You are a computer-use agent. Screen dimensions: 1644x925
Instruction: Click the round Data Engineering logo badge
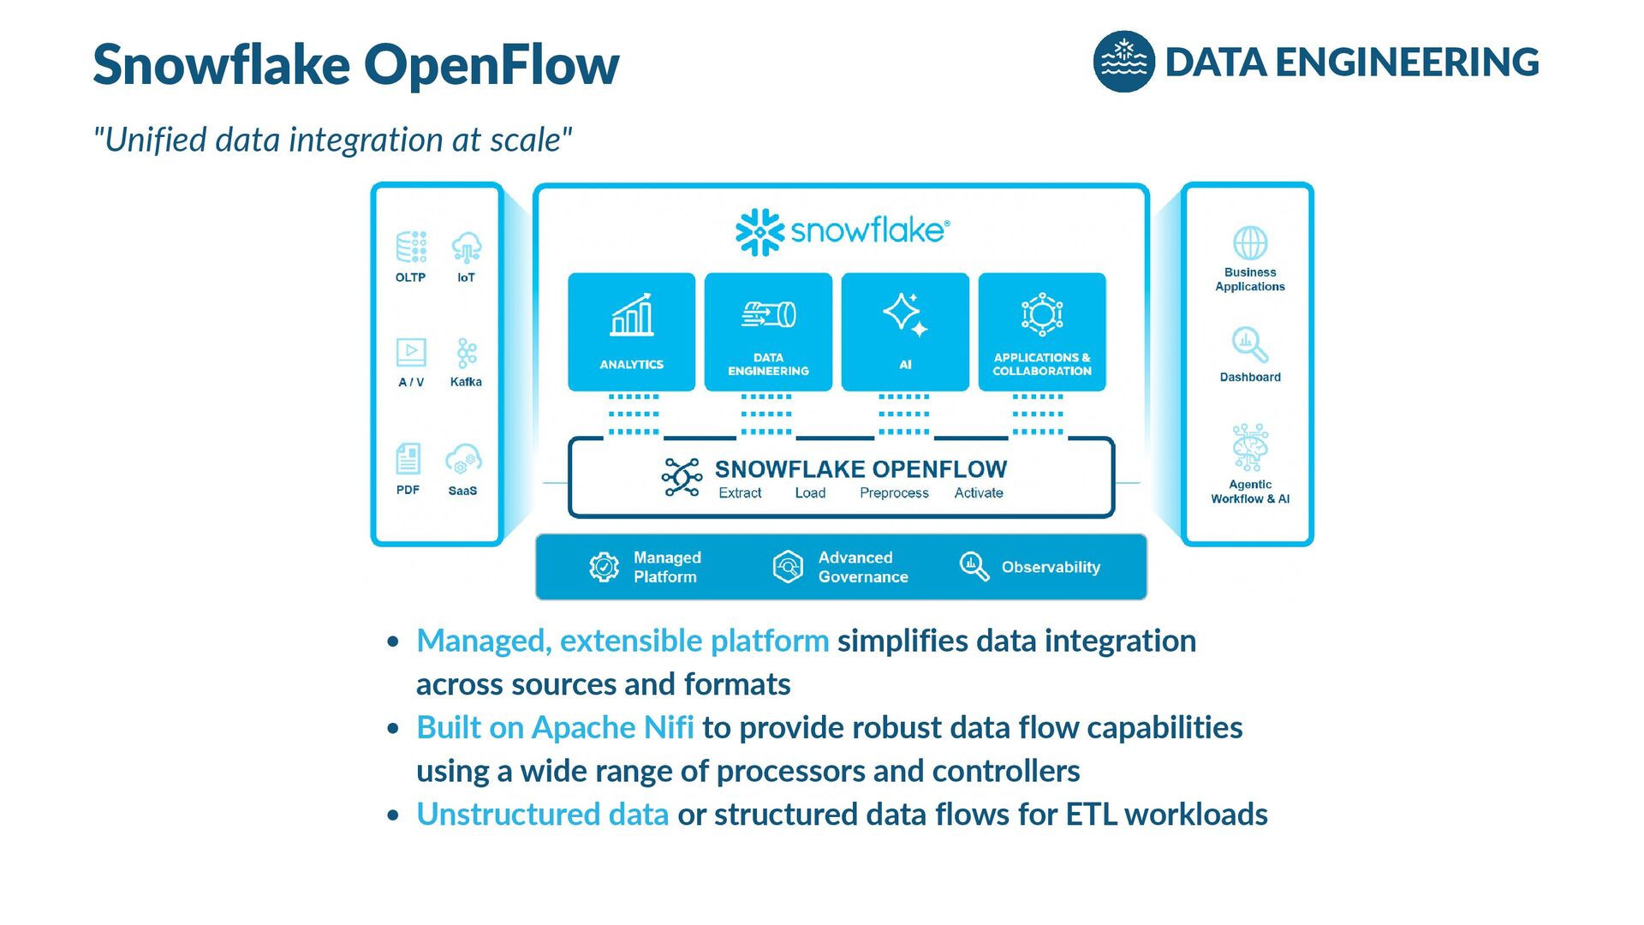coord(1123,62)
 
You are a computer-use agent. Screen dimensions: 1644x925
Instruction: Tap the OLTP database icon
coord(411,247)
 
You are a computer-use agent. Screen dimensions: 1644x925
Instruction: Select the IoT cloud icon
coord(467,247)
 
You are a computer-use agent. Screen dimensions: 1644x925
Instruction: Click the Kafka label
coord(466,382)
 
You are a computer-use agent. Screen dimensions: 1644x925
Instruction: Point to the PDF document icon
coord(408,459)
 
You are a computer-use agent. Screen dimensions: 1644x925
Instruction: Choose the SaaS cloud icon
coord(463,459)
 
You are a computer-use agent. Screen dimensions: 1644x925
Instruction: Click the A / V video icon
coord(411,352)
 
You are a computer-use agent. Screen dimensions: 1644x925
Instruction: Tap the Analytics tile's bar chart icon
coord(632,314)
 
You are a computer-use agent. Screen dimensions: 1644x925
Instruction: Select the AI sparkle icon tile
coord(905,332)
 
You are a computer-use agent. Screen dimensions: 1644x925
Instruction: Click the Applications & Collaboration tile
coord(1042,332)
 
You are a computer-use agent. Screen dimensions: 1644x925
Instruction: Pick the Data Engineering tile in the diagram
coord(768,332)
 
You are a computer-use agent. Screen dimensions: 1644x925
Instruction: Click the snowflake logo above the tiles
coord(843,231)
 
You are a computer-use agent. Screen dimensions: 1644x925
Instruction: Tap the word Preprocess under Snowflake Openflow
coord(894,493)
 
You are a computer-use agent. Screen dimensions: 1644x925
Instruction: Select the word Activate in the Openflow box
coord(979,493)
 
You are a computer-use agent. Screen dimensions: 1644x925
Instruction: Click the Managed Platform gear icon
coord(605,567)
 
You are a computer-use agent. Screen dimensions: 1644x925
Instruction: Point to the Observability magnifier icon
coord(974,566)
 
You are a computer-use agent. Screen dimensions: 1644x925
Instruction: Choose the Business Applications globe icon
coord(1250,243)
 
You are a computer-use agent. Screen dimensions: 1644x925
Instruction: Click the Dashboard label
coord(1250,377)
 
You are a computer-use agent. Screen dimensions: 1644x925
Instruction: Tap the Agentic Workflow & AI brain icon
coord(1250,447)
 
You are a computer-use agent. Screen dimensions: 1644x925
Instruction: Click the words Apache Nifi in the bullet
coord(612,727)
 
